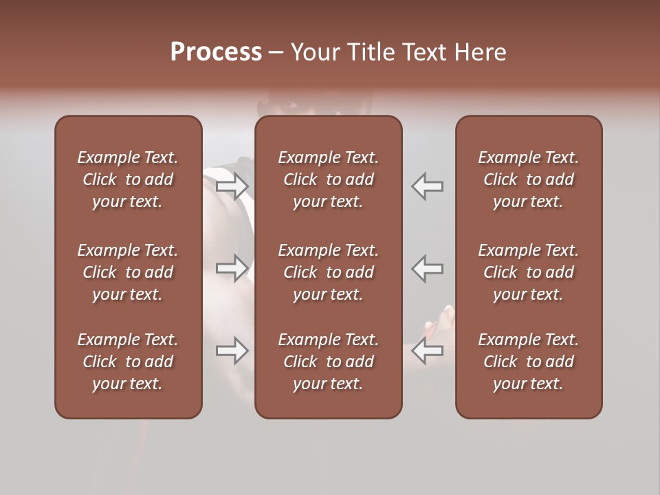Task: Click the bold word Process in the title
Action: (x=216, y=52)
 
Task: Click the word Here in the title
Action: (x=481, y=52)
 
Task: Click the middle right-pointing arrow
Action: (x=232, y=268)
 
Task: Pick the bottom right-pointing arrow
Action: (x=232, y=351)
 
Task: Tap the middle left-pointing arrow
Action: (x=428, y=268)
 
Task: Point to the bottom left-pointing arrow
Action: (x=428, y=351)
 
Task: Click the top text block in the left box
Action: (x=128, y=179)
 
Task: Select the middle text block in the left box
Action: (x=128, y=272)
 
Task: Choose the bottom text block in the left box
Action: (x=128, y=362)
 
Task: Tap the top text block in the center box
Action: (x=328, y=179)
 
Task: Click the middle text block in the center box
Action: (x=328, y=272)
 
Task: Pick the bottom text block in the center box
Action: (x=328, y=362)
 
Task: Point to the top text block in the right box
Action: (x=528, y=179)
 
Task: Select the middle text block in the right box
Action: (x=528, y=272)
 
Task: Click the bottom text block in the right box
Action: (x=528, y=362)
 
